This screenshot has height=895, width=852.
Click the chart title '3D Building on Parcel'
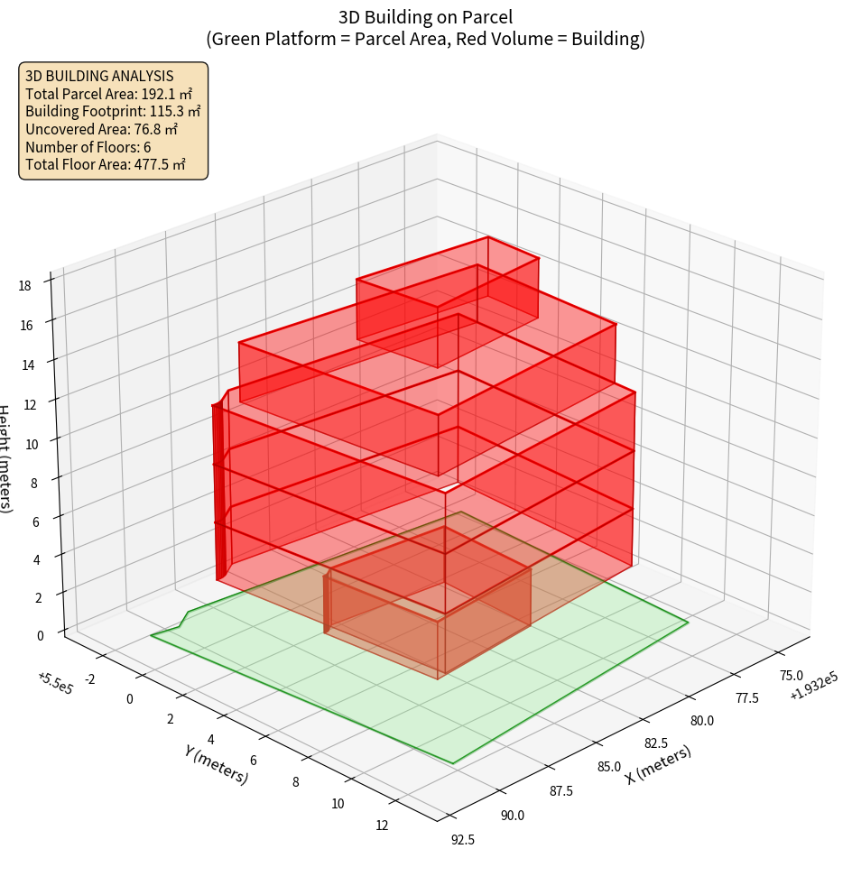coord(425,16)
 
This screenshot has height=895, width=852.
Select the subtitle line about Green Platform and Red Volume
coord(425,39)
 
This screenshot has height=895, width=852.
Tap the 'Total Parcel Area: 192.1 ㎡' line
coord(108,94)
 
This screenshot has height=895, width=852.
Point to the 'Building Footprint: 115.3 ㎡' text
coord(113,112)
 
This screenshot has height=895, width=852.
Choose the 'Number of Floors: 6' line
coord(88,147)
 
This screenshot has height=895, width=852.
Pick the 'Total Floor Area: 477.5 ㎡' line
coord(105,164)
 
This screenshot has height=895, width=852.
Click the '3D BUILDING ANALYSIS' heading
coord(99,76)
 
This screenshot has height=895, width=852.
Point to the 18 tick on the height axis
coord(24,285)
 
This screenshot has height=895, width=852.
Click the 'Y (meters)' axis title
coord(215,763)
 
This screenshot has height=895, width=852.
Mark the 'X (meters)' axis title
coord(659,764)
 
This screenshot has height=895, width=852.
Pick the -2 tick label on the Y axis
coord(88,678)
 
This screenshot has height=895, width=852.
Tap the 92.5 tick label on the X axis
coord(462,840)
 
